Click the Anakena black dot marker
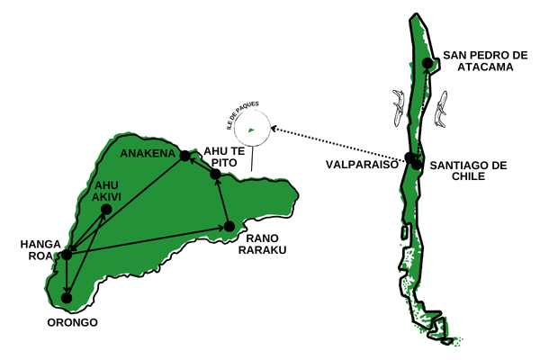coord(184,156)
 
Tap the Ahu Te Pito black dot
coord(215,174)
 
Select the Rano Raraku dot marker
coord(229,226)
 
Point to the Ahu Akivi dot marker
coord(106,210)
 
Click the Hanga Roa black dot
coord(66,255)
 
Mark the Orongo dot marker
coord(67,297)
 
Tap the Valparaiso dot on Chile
coord(410,158)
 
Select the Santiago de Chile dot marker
coord(417,165)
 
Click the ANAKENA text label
coord(148,153)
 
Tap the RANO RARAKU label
coord(262,243)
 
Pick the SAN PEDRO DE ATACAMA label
coord(485,59)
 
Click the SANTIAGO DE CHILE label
coord(469,170)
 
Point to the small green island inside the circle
coord(251,130)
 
